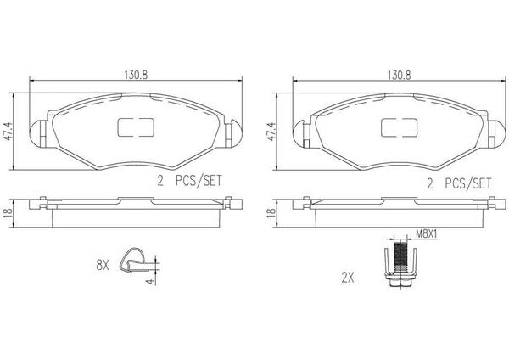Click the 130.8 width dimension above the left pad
[x=136, y=75]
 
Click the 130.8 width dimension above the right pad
[x=399, y=75]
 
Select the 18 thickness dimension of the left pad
[x=8, y=212]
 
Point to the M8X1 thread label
[x=427, y=234]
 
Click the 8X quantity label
[x=103, y=266]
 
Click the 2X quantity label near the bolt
[x=347, y=278]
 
